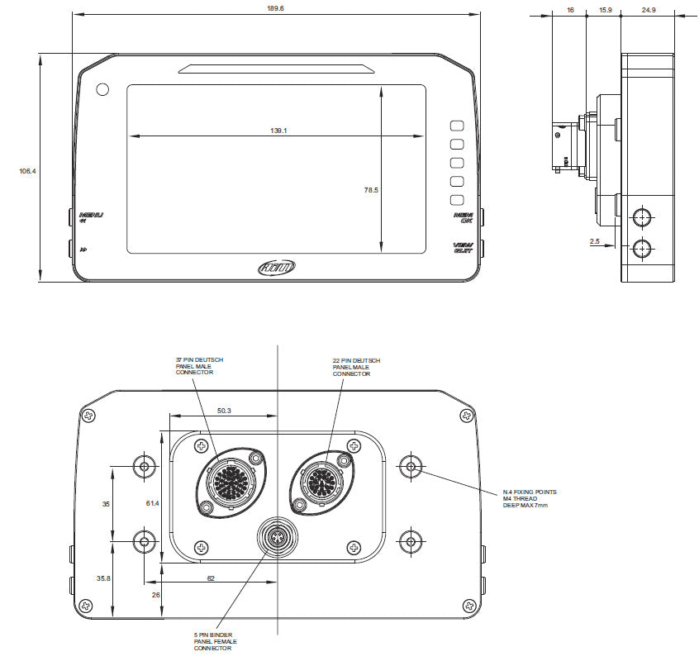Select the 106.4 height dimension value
pyautogui.click(x=27, y=171)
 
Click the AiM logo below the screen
pyautogui.click(x=277, y=267)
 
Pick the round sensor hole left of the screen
pyautogui.click(x=102, y=89)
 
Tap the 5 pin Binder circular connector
pyautogui.click(x=277, y=540)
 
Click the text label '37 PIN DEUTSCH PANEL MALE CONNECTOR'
pyautogui.click(x=199, y=366)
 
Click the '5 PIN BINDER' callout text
pyautogui.click(x=213, y=641)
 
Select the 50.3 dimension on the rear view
pyautogui.click(x=223, y=411)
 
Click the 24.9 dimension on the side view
pyautogui.click(x=647, y=9)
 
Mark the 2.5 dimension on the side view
pyautogui.click(x=594, y=242)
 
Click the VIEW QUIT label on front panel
pyautogui.click(x=463, y=247)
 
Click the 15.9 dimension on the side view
pyautogui.click(x=605, y=9)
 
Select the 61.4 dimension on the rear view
pyautogui.click(x=151, y=502)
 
